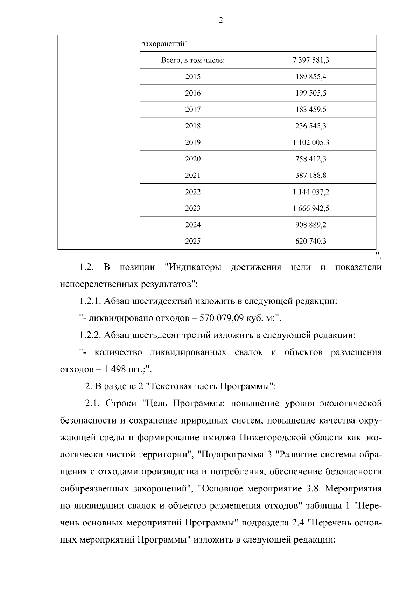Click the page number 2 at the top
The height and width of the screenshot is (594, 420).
click(x=220, y=20)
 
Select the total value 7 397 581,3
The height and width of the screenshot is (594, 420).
click(x=311, y=60)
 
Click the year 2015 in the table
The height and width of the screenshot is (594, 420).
click(x=193, y=77)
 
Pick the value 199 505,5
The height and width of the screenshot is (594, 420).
click(x=311, y=93)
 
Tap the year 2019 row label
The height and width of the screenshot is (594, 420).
click(x=193, y=142)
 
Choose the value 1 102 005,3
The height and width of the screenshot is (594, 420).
click(x=311, y=142)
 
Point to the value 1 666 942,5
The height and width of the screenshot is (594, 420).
click(x=311, y=208)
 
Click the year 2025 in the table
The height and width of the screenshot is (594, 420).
click(x=193, y=241)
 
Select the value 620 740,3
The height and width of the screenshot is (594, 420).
click(x=311, y=241)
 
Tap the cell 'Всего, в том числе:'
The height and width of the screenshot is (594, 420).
click(x=193, y=60)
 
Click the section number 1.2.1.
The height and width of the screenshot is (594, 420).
click(x=90, y=301)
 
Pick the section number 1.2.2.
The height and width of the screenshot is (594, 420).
click(x=90, y=335)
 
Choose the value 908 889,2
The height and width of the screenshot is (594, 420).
click(x=311, y=225)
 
